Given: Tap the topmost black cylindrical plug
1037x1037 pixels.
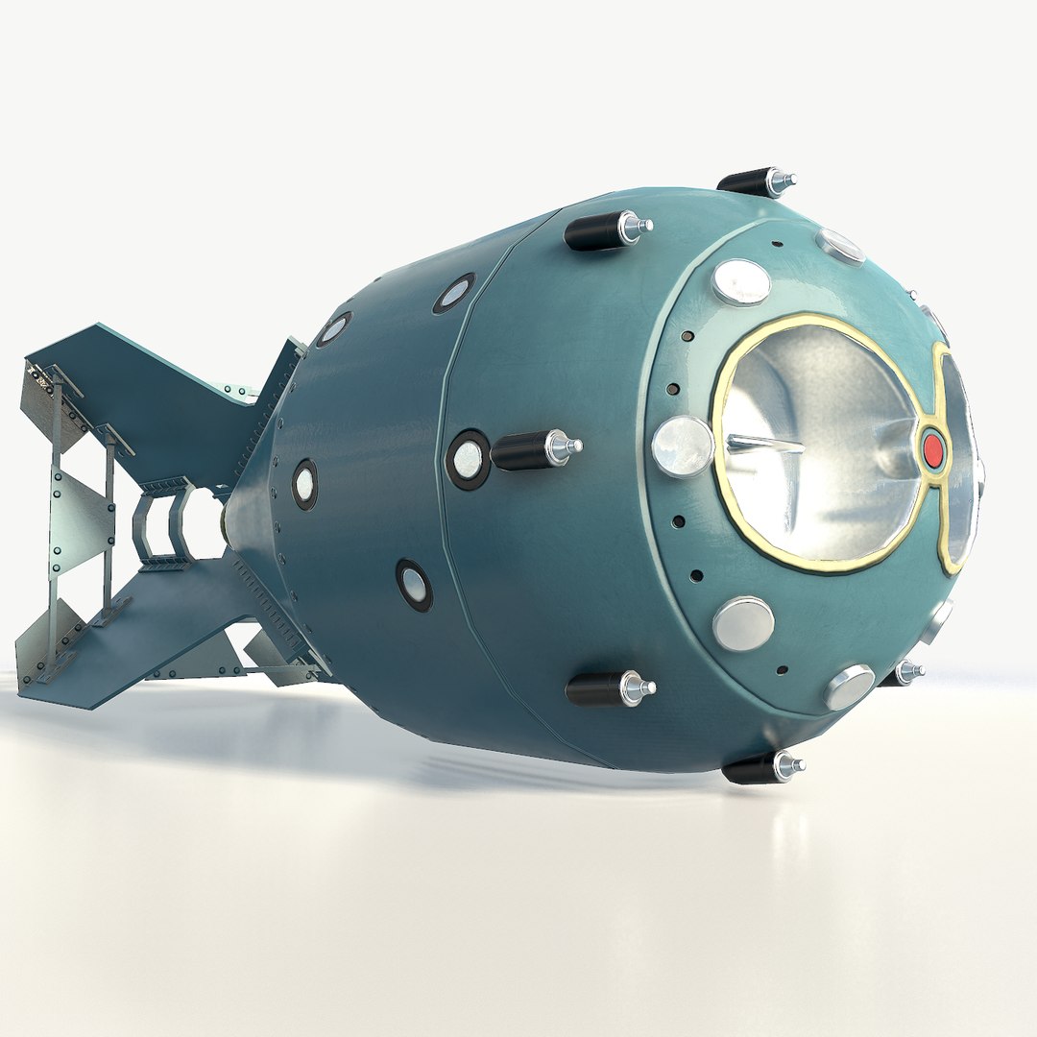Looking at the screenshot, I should (x=744, y=181).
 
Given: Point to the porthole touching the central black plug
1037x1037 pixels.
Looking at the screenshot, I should (x=468, y=460).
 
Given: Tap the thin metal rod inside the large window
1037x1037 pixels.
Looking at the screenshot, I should (x=764, y=443).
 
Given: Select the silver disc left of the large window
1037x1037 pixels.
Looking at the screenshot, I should (x=682, y=446).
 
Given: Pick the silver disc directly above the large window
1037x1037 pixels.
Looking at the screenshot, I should (x=741, y=281).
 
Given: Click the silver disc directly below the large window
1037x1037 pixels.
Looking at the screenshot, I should (x=743, y=623).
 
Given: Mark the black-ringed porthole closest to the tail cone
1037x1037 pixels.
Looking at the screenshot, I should (x=304, y=483).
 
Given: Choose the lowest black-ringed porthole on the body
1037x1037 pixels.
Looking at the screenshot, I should (x=414, y=585).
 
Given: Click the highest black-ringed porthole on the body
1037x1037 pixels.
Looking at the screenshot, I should (x=453, y=294).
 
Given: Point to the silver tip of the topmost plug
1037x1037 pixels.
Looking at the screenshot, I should (x=782, y=180).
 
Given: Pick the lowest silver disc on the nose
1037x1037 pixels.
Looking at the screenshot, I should (x=849, y=687).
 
